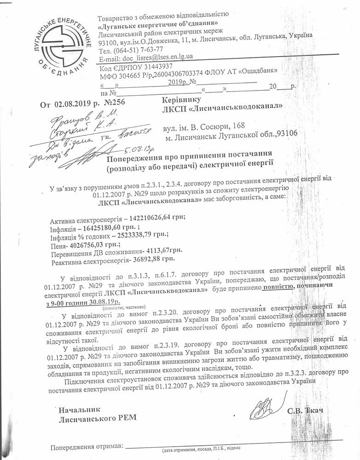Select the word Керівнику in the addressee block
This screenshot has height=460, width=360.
pyautogui.click(x=182, y=99)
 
